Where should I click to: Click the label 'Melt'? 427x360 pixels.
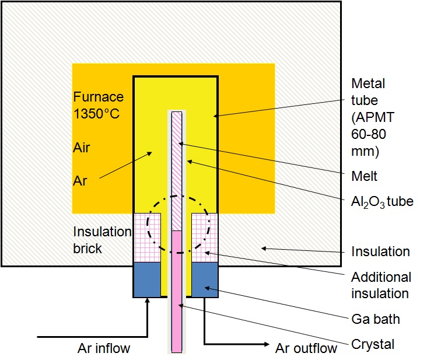click(365, 176)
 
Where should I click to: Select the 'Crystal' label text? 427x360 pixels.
click(372, 344)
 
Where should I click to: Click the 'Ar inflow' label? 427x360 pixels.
click(104, 349)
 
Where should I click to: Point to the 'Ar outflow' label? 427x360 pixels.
click(306, 349)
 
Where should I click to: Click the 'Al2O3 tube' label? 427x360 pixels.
click(381, 202)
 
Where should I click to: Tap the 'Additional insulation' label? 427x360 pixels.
click(380, 285)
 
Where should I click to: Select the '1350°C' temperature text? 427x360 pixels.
click(96, 113)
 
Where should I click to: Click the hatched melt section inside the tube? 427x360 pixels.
click(177, 169)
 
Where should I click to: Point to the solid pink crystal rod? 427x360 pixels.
click(177, 292)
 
